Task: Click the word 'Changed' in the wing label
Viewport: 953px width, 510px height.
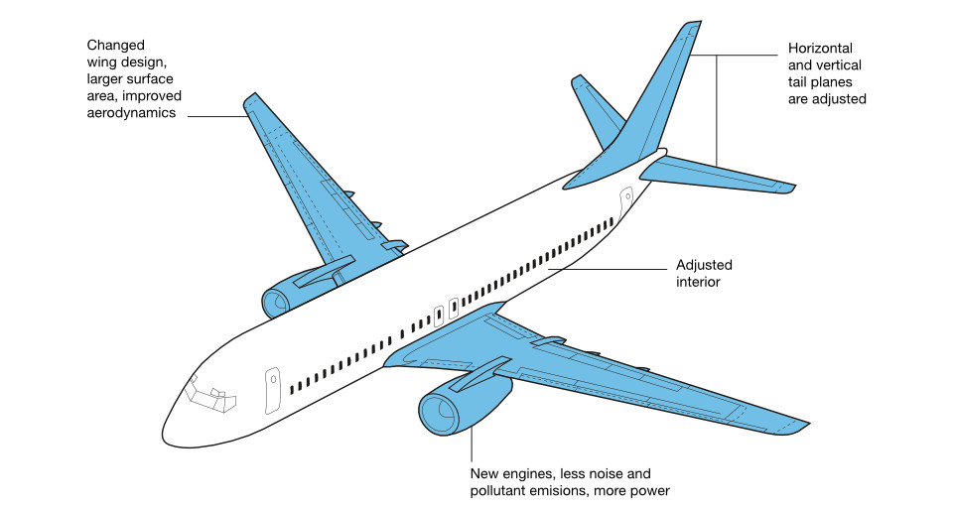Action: point(115,46)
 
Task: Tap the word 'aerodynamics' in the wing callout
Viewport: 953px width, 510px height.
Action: point(130,113)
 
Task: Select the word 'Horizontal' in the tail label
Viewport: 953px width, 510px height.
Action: point(821,49)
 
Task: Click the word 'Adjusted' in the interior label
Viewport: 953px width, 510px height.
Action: point(704,265)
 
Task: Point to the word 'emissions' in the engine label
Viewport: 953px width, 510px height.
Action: point(591,491)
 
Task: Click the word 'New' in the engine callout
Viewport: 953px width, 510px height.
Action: point(484,473)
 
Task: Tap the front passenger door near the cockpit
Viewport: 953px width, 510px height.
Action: point(272,392)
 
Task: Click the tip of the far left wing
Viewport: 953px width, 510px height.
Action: point(250,101)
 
